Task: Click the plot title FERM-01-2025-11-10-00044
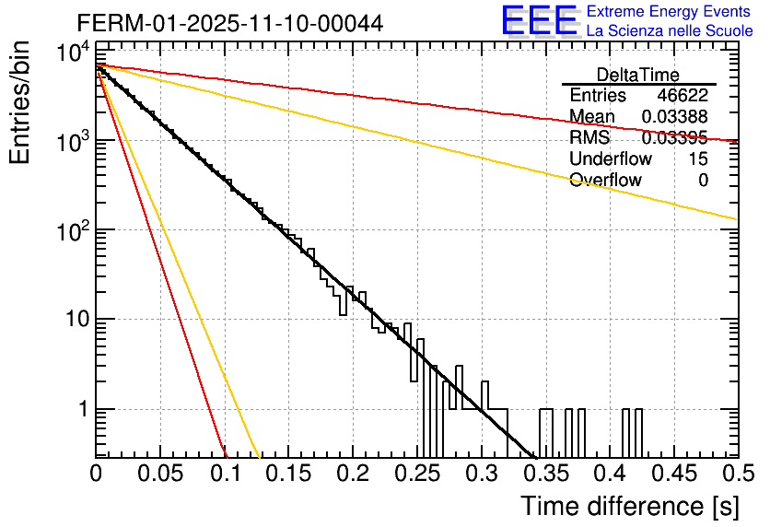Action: [x=230, y=22]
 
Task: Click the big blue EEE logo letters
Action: [x=539, y=20]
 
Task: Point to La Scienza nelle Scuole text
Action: [x=669, y=30]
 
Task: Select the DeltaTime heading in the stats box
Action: [x=638, y=75]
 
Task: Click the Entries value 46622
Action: [x=682, y=96]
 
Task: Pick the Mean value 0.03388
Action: [x=675, y=117]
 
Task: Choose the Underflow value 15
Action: [x=698, y=159]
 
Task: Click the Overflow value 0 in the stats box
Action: [x=703, y=181]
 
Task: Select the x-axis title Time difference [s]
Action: [x=629, y=506]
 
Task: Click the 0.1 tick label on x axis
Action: [x=225, y=474]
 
